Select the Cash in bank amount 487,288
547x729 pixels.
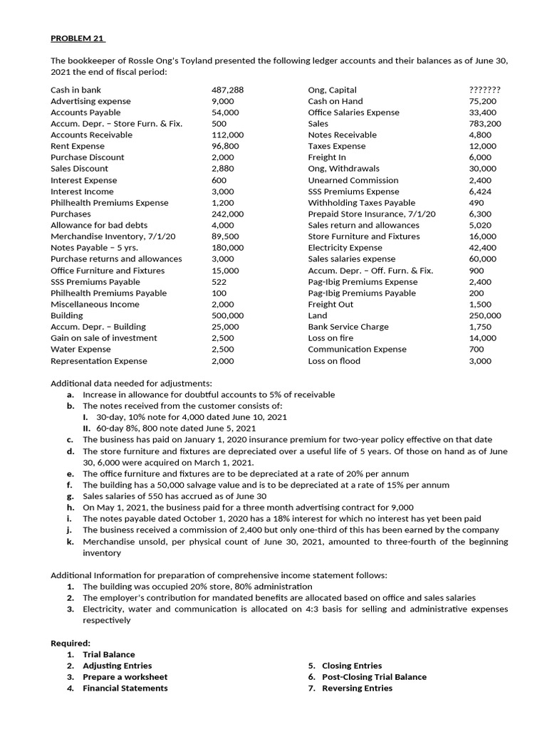click(x=228, y=90)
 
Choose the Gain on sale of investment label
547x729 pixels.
click(x=104, y=338)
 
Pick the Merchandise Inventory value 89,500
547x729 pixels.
click(x=226, y=236)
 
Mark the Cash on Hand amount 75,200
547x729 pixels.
click(x=482, y=101)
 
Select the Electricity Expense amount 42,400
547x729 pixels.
click(x=482, y=248)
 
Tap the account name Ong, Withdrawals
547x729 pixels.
click(x=343, y=169)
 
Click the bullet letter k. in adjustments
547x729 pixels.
click(x=71, y=542)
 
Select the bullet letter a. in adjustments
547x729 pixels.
click(x=71, y=394)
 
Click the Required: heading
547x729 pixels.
click(x=71, y=643)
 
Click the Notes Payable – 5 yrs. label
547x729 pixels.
click(x=89, y=248)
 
